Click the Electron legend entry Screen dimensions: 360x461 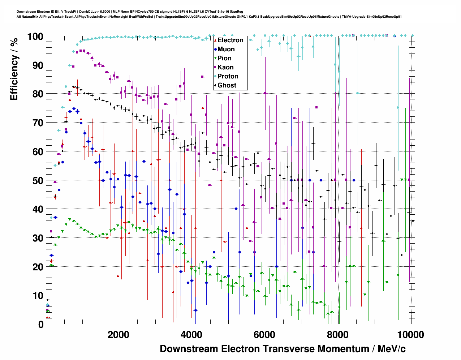[x=230, y=40]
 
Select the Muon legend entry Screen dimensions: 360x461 [x=226, y=49]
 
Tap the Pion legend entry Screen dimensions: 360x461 [x=224, y=58]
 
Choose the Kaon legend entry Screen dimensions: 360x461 [x=225, y=67]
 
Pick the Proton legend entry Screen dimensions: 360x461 [x=228, y=76]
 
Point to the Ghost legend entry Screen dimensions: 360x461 [x=227, y=85]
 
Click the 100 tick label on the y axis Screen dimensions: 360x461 [x=35, y=37]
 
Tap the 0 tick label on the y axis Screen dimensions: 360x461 [x=41, y=325]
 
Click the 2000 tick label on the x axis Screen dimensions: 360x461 [x=119, y=335]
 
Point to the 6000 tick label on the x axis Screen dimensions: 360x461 [x=265, y=335]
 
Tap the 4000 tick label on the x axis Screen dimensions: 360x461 [x=191, y=335]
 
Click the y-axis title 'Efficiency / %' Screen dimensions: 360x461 [x=14, y=69]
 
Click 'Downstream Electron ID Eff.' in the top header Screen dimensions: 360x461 [x=39, y=12]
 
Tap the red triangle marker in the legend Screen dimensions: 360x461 [x=215, y=40]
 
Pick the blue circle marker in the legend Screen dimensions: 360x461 [x=215, y=49]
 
